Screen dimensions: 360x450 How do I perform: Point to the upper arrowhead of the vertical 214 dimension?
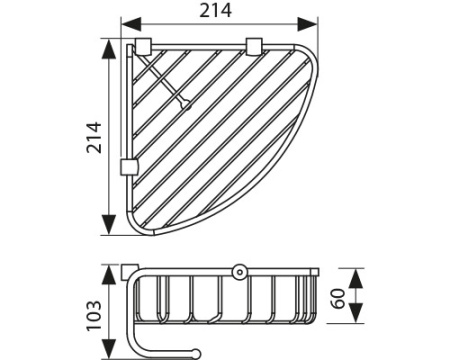[x=108, y=45]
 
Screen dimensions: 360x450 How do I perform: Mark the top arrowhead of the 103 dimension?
[x=108, y=270]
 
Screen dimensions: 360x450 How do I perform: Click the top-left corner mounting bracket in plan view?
[x=143, y=46]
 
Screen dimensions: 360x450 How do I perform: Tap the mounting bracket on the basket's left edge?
[x=127, y=165]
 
